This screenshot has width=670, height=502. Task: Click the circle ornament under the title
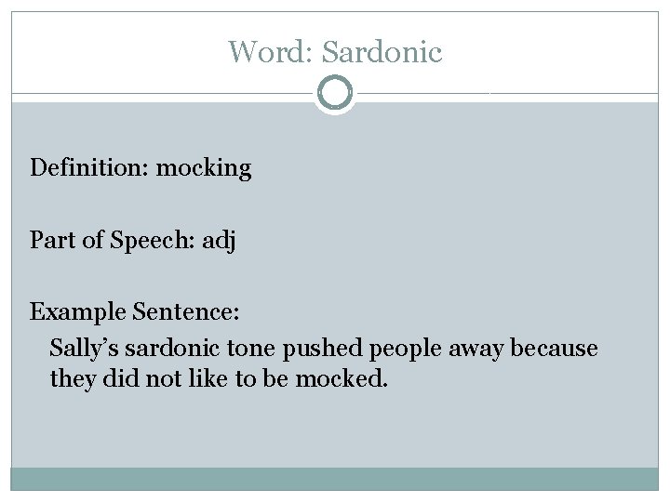[x=335, y=93]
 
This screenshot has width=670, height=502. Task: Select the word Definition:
[x=89, y=168]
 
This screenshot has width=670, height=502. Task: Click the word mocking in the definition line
[x=203, y=169]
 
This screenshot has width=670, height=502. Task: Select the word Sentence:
[x=174, y=312]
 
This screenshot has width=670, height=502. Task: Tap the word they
[x=71, y=379]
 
